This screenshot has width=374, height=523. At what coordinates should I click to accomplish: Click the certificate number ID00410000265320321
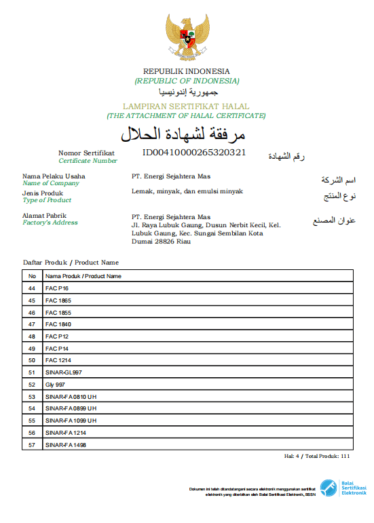193,153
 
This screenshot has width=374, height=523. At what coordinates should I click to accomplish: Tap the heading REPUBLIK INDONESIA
187,71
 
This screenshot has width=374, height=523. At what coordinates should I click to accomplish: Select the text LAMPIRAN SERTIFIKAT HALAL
186,106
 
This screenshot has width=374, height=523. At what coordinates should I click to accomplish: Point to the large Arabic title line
187,132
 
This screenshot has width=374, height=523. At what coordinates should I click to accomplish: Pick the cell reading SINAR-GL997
63,372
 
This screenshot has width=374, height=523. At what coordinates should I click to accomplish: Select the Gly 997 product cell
56,385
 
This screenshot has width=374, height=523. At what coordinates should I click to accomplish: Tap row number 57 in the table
31,445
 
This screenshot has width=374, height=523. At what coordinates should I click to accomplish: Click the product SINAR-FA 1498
66,445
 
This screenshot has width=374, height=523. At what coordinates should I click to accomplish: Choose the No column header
31,276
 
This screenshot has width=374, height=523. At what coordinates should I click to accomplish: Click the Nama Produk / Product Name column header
83,276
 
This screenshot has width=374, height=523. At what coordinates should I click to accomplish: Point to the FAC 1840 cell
58,324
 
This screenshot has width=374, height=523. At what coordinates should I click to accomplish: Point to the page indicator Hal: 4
292,457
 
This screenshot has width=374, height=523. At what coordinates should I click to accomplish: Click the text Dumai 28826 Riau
162,241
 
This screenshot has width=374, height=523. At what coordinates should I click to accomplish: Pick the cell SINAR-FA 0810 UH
71,397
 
